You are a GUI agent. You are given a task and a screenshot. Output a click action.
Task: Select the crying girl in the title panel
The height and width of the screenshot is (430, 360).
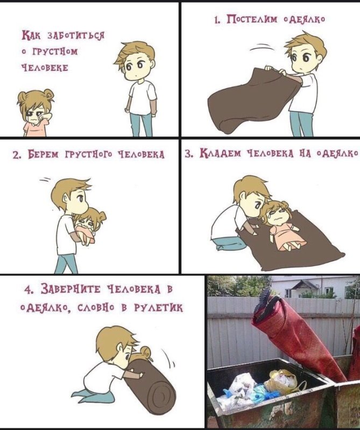click(x=34, y=113)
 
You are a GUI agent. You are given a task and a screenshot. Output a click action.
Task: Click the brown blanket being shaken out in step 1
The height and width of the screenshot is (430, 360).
click(x=248, y=102)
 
